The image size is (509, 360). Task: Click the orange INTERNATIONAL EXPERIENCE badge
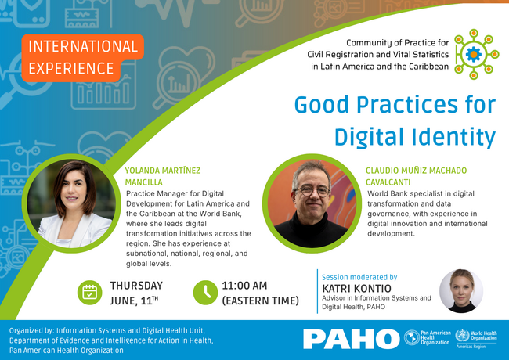coord(83,58)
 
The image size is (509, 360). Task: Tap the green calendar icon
coord(89,293)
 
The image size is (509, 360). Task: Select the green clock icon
coord(205,293)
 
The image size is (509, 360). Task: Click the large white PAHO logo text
coord(352,339)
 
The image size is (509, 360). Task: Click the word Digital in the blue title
coord(370,137)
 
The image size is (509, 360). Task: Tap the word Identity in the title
coord(454,137)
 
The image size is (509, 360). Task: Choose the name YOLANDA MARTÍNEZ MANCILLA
coord(163,176)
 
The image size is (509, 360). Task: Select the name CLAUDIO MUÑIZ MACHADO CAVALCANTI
coord(416,176)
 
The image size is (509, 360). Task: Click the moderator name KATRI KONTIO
coord(356,288)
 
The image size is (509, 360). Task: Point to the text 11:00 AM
coord(244,286)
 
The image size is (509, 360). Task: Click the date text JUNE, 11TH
coord(134,301)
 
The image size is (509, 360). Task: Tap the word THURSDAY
coord(136,286)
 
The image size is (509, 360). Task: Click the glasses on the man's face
coord(312,191)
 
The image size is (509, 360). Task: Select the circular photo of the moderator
coord(461,291)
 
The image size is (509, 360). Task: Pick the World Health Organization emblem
coord(462,336)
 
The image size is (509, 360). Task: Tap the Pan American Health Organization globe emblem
coord(412,337)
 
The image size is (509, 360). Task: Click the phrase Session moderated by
coord(359,277)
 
